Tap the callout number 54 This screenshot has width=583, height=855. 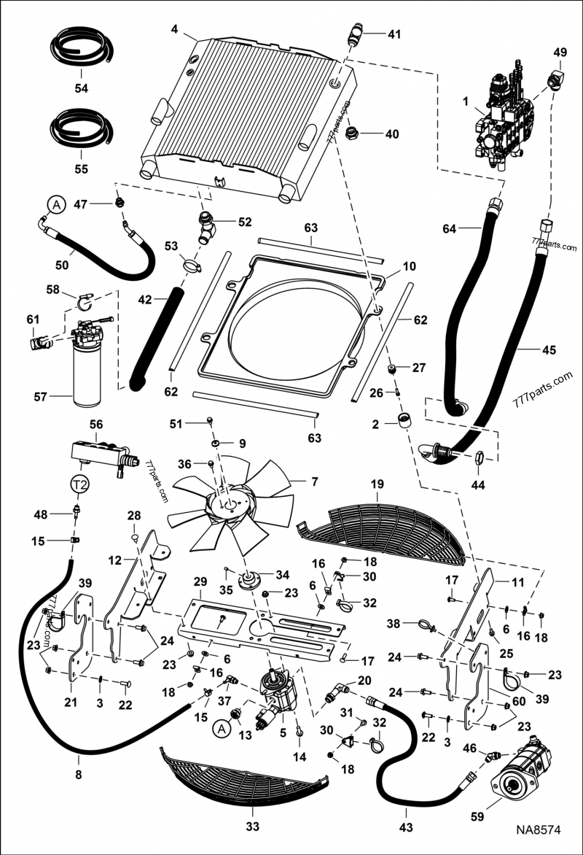81,88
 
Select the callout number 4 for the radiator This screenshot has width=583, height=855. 174,29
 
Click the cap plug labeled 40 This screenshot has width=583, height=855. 353,133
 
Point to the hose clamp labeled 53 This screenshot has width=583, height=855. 192,266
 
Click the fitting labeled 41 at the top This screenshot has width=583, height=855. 356,34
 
